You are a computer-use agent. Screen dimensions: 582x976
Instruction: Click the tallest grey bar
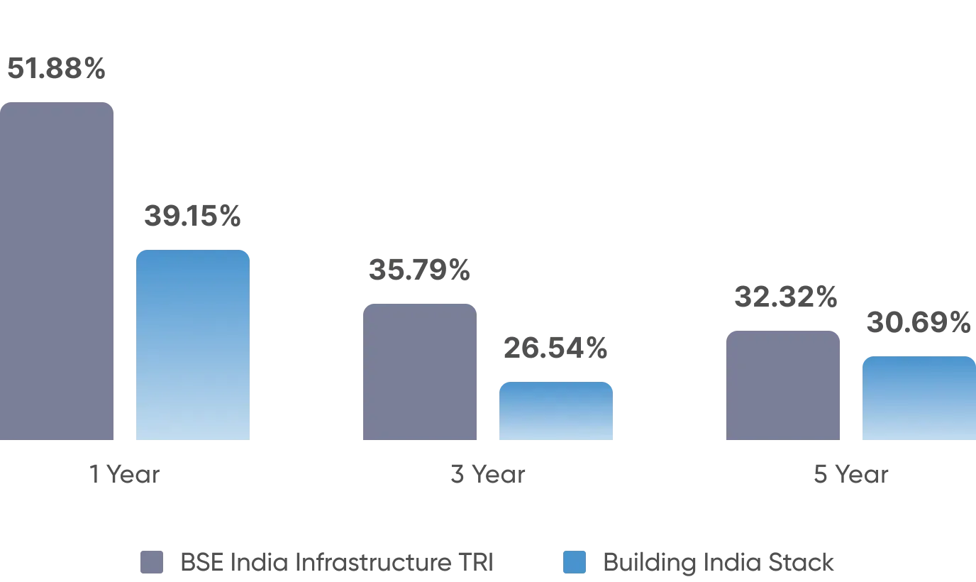coord(56,273)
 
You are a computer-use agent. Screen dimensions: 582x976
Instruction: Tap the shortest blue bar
coord(555,412)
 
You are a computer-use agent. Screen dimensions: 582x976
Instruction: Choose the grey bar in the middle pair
coord(419,372)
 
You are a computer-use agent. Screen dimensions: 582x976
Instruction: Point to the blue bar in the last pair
coord(919,399)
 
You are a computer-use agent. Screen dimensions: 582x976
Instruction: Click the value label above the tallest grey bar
coord(56,69)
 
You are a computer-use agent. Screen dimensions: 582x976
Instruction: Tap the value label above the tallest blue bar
coord(192,216)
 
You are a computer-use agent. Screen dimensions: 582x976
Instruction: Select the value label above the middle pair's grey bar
coord(419,270)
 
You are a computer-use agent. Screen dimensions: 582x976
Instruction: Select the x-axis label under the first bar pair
coord(125,473)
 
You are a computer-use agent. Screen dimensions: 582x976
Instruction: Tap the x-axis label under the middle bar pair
coord(488,473)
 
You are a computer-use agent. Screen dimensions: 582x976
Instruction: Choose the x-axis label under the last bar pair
coord(850,473)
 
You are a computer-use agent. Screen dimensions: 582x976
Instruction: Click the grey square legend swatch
coord(150,562)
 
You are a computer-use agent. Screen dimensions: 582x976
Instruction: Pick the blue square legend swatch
coord(575,562)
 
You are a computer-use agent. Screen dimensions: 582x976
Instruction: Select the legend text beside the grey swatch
coord(336,563)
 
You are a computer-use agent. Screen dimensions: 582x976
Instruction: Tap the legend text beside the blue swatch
coord(716,563)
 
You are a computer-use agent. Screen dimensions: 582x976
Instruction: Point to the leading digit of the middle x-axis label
coord(456,473)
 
